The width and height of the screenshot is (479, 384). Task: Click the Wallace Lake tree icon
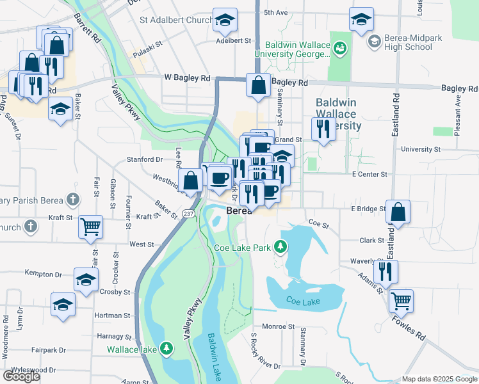(x=166, y=348)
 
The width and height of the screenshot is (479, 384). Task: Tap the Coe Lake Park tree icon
(x=280, y=246)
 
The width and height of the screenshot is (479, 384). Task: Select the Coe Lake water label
(x=302, y=300)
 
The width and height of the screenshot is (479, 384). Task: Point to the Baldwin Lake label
(x=214, y=354)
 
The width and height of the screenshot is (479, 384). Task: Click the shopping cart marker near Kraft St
(x=91, y=226)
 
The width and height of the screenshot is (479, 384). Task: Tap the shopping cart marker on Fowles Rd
(x=401, y=300)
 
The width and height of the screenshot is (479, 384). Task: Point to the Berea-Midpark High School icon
(x=373, y=42)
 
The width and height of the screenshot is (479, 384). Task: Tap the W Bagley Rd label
(x=187, y=78)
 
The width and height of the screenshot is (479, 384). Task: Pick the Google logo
(x=22, y=376)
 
